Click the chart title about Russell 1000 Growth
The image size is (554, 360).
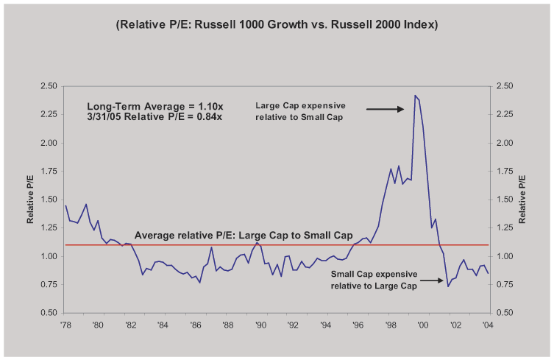click(277, 24)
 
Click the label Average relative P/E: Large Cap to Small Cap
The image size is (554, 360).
click(244, 236)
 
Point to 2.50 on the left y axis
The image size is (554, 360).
click(49, 86)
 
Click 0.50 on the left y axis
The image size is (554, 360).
click(49, 314)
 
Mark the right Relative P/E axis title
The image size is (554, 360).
click(524, 200)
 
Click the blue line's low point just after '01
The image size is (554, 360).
click(448, 286)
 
